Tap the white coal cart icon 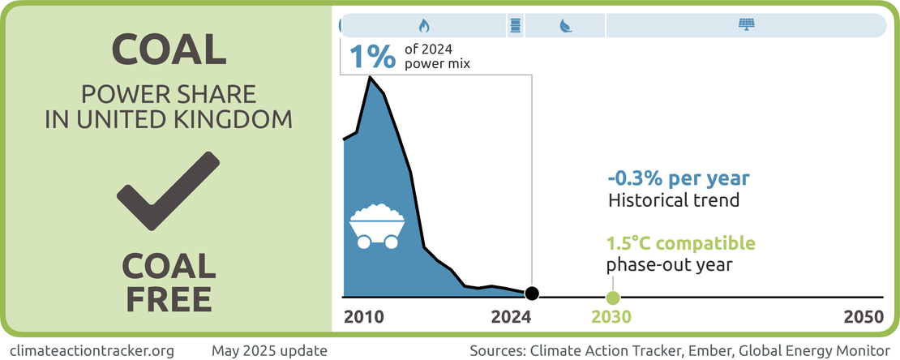click(377, 225)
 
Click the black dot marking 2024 click(531, 294)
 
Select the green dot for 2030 click(612, 298)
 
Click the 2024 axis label click(511, 316)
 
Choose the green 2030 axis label click(611, 316)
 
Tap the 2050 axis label click(863, 316)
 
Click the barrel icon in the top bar click(514, 25)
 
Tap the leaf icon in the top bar click(564, 25)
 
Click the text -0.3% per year click(679, 178)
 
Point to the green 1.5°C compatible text click(681, 243)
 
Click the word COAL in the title click(168, 50)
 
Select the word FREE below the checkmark click(168, 298)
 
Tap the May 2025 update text click(269, 350)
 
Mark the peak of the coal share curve click(371, 78)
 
